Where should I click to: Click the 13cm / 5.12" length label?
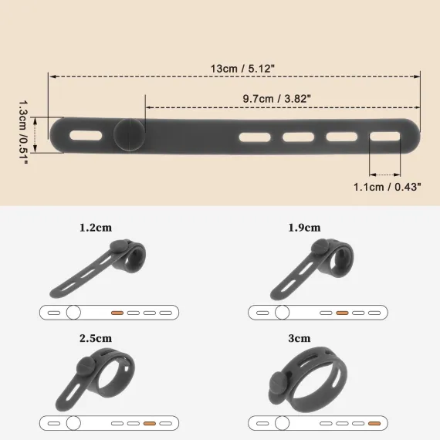[x=242, y=69]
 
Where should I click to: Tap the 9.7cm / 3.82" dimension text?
[x=276, y=99]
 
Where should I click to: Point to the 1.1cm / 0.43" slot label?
[x=387, y=187]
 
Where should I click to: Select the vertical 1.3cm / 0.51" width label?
[x=23, y=133]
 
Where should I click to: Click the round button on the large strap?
[x=130, y=134]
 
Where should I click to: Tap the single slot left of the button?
[x=86, y=136]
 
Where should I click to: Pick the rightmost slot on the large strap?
[x=384, y=137]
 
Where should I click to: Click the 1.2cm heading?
[x=96, y=227]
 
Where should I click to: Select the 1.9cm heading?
[x=304, y=227]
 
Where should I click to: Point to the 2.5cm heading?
[x=96, y=338]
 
